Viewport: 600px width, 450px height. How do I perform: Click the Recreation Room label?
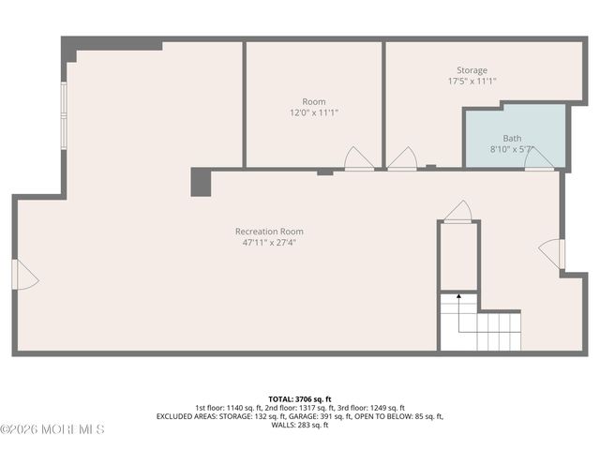(269, 232)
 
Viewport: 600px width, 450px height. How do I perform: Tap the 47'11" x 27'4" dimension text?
(269, 243)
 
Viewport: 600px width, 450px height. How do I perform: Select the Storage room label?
(472, 70)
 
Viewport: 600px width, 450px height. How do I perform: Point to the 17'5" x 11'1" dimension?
(472, 82)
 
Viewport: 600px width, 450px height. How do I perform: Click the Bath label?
(512, 138)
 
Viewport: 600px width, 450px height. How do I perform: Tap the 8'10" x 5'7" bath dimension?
(512, 149)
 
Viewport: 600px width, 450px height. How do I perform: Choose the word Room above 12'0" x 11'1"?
(314, 101)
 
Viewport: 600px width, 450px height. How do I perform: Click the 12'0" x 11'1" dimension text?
(314, 112)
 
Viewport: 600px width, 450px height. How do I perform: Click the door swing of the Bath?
(538, 159)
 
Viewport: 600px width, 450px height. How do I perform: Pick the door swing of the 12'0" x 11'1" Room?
(358, 159)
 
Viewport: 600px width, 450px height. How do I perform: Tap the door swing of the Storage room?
(403, 159)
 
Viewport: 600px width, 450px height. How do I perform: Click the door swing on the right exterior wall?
(551, 253)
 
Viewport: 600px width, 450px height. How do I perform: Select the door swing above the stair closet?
(458, 212)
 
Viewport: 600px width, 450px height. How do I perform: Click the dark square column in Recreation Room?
(201, 182)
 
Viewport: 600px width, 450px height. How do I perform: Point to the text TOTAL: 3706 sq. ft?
(300, 399)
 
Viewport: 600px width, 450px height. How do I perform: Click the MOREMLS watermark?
(52, 429)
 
